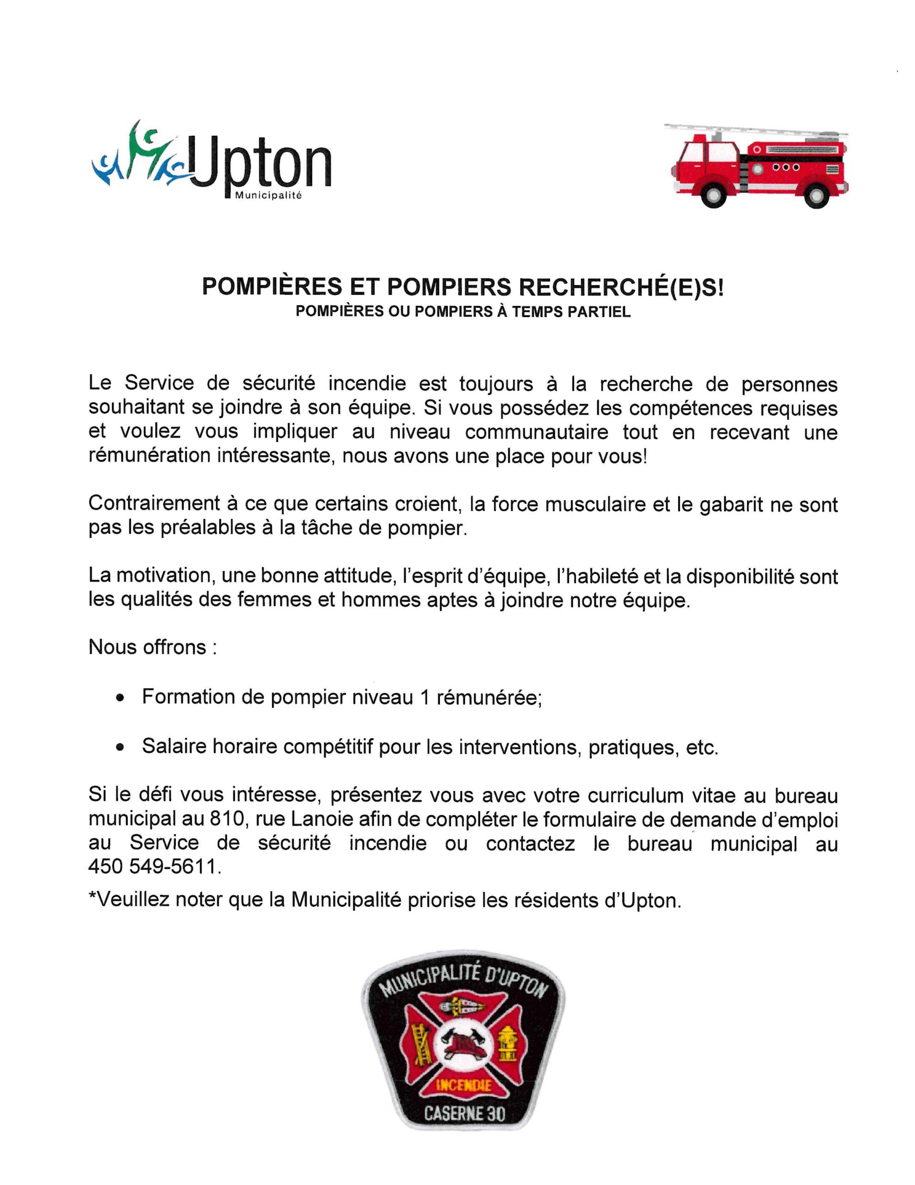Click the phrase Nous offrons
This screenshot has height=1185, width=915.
148,647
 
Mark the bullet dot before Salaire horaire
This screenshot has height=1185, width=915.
120,748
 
